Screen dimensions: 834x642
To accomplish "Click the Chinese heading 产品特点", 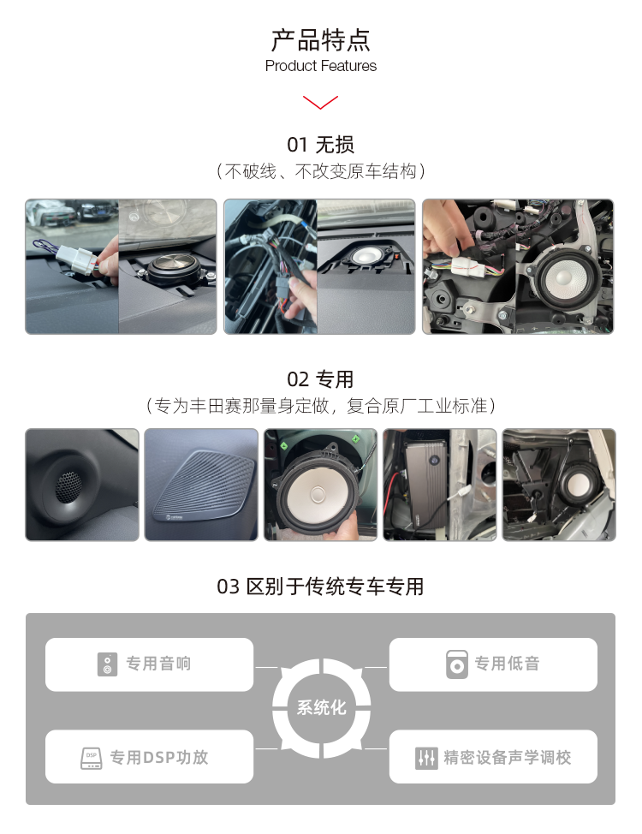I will point(321,39).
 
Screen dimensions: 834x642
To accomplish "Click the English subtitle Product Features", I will point(321,66).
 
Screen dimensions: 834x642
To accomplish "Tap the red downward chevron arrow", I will point(321,103).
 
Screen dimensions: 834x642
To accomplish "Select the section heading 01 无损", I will point(321,145).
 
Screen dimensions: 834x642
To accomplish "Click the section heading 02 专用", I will point(321,379).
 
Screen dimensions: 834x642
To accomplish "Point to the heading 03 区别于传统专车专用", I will point(321,587).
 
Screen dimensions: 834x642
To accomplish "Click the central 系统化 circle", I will point(321,708).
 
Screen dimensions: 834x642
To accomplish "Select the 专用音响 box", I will point(150,664).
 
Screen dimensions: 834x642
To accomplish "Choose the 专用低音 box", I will point(493,664).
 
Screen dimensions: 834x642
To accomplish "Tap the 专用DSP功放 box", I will point(150,757).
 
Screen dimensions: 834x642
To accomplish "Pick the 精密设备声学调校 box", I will point(493,757).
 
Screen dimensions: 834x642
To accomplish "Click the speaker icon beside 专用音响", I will point(107,664).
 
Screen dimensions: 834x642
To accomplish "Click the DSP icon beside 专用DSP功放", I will point(92,757).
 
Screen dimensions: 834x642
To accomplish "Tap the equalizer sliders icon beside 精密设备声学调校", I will point(426,758).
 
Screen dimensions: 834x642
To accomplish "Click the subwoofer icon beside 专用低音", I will point(457,664).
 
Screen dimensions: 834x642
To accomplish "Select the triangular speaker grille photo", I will point(201,485).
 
